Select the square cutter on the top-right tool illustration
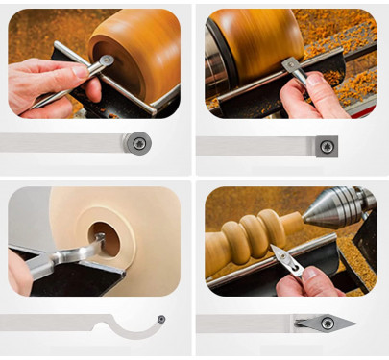[x=328, y=146]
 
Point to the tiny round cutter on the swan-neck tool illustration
[x=161, y=319]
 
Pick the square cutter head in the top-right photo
[x=287, y=64]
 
